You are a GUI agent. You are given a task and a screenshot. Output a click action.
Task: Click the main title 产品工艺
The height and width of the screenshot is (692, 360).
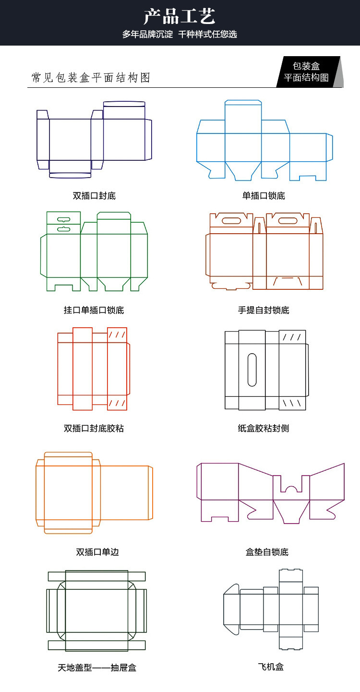[180, 16]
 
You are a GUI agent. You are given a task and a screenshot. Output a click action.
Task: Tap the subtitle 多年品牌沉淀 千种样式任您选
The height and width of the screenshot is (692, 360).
[180, 34]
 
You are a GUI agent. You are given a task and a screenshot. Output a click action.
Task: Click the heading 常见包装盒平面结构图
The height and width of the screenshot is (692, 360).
[91, 78]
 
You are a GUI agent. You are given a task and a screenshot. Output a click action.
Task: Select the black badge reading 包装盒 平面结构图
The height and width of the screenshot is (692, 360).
[309, 72]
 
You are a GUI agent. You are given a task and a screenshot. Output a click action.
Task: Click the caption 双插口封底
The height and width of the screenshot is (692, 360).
[94, 195]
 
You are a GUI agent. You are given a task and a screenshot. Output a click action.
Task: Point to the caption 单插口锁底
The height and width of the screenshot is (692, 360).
[264, 195]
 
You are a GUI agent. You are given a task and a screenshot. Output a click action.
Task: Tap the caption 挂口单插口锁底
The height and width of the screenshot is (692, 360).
[94, 310]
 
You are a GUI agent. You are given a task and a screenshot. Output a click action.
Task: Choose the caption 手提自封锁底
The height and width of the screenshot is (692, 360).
[264, 310]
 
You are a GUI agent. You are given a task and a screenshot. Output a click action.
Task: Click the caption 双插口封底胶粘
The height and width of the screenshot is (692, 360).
[94, 428]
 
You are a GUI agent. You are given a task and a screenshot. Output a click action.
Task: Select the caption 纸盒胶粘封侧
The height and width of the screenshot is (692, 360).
[264, 428]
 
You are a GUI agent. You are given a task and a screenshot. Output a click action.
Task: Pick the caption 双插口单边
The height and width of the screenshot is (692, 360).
[97, 552]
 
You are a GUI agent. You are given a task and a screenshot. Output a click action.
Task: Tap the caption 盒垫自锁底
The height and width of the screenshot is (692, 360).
[267, 552]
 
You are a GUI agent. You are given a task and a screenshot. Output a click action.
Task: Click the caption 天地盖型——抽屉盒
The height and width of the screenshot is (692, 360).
[97, 668]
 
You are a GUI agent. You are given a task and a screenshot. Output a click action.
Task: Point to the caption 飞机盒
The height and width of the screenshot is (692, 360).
[271, 667]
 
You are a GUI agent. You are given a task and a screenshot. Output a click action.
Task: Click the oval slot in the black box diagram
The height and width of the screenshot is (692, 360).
[252, 370]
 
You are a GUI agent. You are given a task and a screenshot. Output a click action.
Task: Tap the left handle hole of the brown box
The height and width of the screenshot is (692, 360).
[232, 221]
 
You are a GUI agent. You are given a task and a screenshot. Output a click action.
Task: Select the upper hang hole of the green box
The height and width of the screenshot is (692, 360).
[64, 219]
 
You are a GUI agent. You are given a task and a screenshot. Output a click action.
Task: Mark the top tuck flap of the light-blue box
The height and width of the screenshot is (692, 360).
[243, 102]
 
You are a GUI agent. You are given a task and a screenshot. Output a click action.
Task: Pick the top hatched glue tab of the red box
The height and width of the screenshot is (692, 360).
[117, 335]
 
